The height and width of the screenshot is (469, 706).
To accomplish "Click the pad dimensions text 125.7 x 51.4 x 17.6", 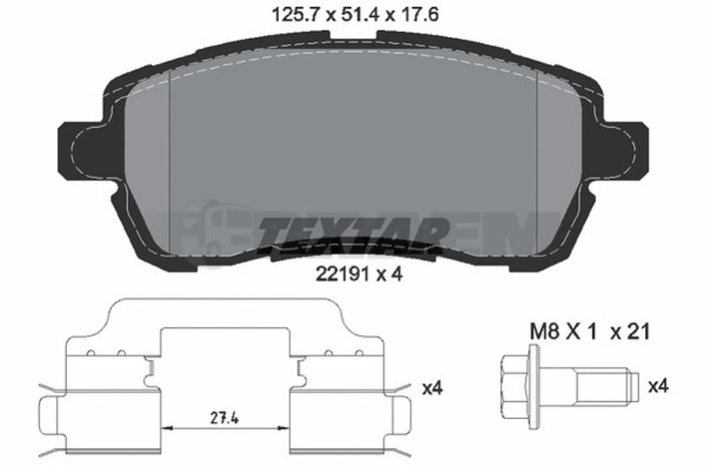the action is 356,15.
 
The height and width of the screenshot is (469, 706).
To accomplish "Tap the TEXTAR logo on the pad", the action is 354,232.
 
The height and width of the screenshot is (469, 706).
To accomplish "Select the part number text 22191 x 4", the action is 359,273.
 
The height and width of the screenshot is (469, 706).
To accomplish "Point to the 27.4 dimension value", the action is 224,418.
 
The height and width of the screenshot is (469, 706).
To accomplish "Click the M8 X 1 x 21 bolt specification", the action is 590,331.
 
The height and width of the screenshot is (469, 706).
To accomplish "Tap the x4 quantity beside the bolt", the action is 657,386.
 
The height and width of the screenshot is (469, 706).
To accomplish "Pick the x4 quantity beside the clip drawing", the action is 432,388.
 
